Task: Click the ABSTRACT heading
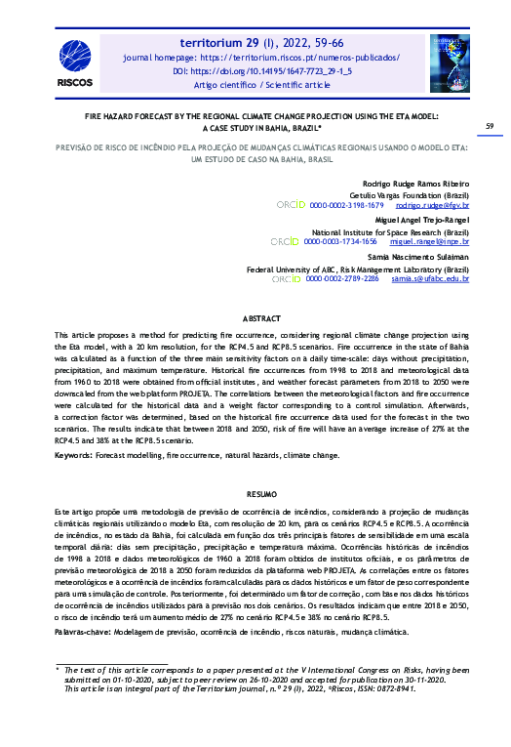click(260, 319)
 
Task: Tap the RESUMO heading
click(260, 495)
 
